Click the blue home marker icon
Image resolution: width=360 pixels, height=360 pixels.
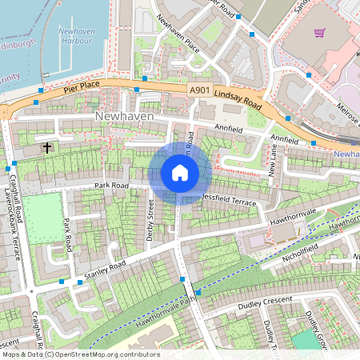[180, 173]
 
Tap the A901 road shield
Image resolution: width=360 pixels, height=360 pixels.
[201, 90]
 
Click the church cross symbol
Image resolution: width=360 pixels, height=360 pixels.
[47, 147]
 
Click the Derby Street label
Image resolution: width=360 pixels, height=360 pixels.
[150, 215]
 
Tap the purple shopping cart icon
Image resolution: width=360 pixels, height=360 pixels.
[319, 34]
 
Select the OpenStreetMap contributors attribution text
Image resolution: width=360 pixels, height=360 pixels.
[80, 354]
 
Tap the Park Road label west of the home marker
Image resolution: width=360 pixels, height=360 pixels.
[112, 185]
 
